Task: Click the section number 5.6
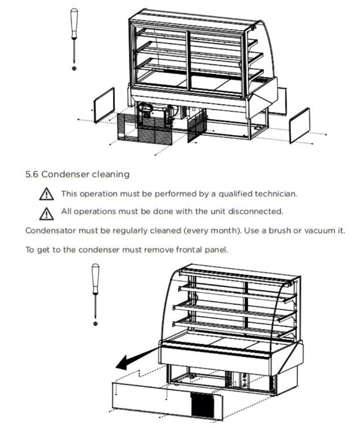[x=32, y=174]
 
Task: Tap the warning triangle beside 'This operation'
[x=46, y=194]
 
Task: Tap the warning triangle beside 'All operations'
[x=46, y=213]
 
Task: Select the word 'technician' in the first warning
[x=276, y=194]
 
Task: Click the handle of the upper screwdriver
[x=74, y=23]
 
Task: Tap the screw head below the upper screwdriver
[x=74, y=68]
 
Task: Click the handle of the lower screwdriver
[x=95, y=279]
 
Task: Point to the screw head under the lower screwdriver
[x=95, y=323]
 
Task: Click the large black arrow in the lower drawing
[x=136, y=359]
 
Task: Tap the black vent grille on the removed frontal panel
[x=202, y=405]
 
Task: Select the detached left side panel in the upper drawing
[x=104, y=105]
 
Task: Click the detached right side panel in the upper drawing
[x=299, y=125]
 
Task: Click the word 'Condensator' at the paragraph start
[x=51, y=231]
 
